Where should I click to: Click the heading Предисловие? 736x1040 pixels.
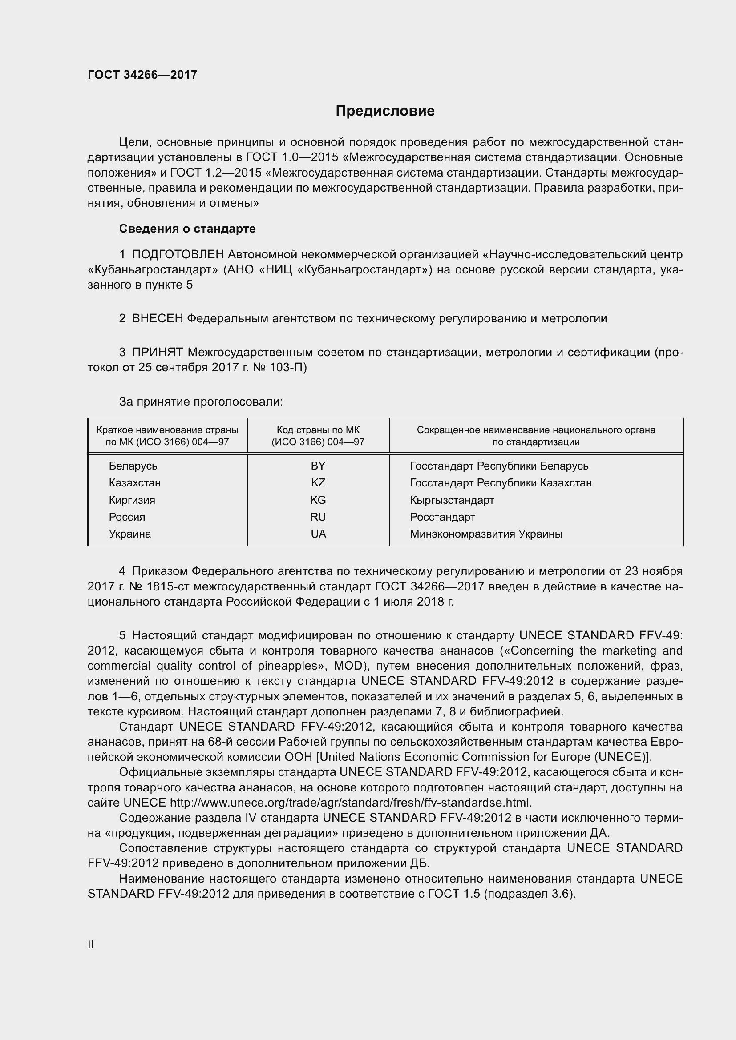pos(385,111)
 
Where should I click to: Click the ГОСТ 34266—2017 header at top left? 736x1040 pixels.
pos(142,75)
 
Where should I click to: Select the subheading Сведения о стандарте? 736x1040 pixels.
pos(187,229)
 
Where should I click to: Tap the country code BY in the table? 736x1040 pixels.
pos(318,466)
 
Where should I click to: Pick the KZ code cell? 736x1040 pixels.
pos(318,482)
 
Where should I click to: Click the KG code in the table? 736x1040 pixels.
pos(318,500)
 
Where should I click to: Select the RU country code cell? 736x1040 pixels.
pos(318,517)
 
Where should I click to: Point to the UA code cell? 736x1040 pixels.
pos(318,534)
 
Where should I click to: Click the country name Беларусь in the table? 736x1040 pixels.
pos(133,466)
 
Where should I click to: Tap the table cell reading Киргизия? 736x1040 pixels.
pos(132,500)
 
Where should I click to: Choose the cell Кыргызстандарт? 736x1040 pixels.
pos(452,500)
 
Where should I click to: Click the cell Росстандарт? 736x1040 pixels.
pos(442,517)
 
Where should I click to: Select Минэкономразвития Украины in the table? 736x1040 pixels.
pos(486,534)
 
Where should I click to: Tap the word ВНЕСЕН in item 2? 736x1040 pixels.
pos(158,318)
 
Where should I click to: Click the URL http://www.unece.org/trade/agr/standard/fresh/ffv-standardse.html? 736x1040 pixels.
pos(350,803)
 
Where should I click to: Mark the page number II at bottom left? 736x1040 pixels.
pos(91,944)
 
